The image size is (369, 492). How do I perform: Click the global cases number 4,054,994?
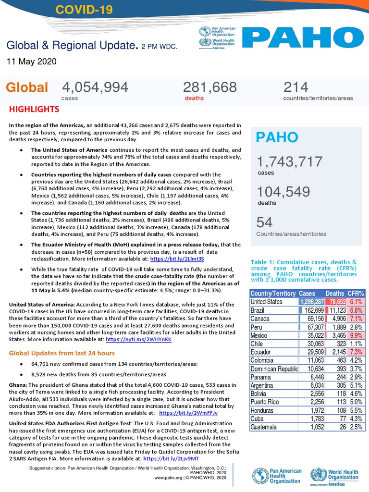tap(95, 87)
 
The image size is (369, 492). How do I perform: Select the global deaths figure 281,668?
tap(209, 87)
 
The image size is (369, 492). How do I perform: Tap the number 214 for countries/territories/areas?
tap(295, 87)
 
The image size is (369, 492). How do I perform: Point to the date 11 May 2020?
tap(31, 61)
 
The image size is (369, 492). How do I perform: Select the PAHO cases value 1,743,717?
tap(289, 161)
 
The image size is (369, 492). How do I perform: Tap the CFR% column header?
tap(355, 293)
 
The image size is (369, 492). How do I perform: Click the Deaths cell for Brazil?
tap(336, 310)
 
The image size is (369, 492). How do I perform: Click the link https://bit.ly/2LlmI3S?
tap(177, 258)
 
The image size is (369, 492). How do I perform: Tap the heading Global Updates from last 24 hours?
tap(62, 353)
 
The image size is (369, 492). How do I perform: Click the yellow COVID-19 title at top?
tap(81, 10)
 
